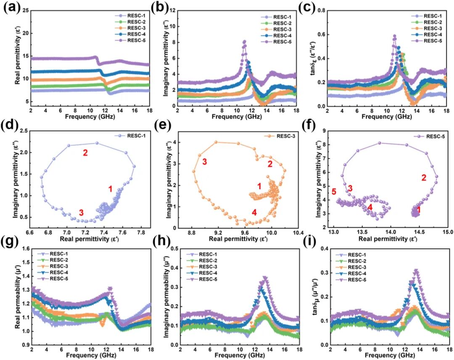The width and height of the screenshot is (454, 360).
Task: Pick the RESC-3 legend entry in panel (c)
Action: [x=424, y=29]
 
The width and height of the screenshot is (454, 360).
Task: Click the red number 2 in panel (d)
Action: [x=85, y=153]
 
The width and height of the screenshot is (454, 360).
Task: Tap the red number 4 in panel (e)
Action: [x=254, y=213]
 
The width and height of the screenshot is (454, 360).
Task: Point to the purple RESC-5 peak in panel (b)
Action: [x=244, y=41]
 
